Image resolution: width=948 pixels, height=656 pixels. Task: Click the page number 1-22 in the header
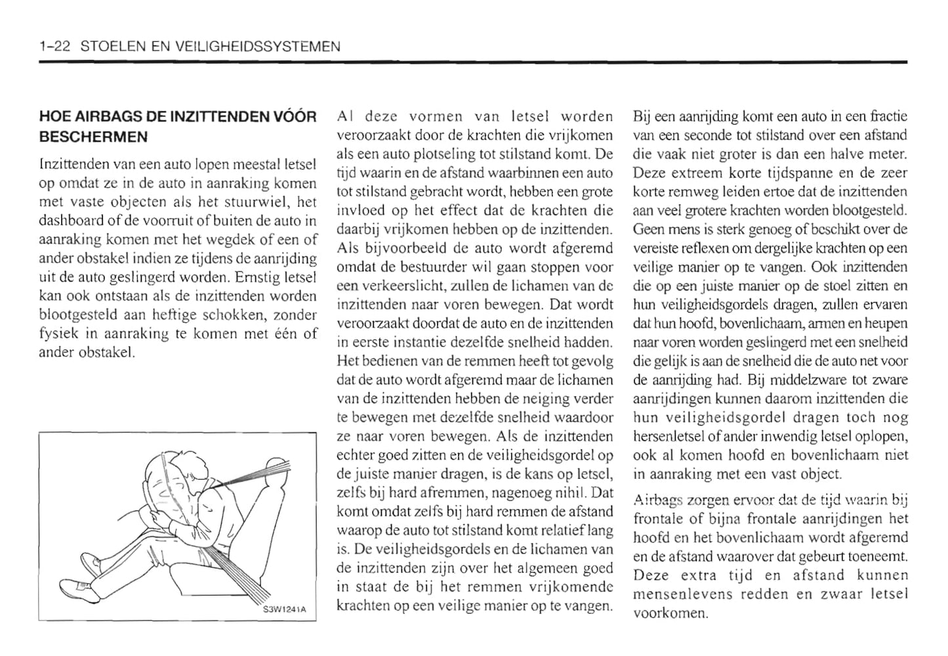[56, 47]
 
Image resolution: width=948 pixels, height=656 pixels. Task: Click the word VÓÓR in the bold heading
[293, 117]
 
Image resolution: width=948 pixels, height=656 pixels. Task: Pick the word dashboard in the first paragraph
[68, 221]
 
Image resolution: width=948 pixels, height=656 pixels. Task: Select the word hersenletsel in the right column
[667, 436]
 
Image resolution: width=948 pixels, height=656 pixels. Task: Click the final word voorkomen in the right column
[670, 614]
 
